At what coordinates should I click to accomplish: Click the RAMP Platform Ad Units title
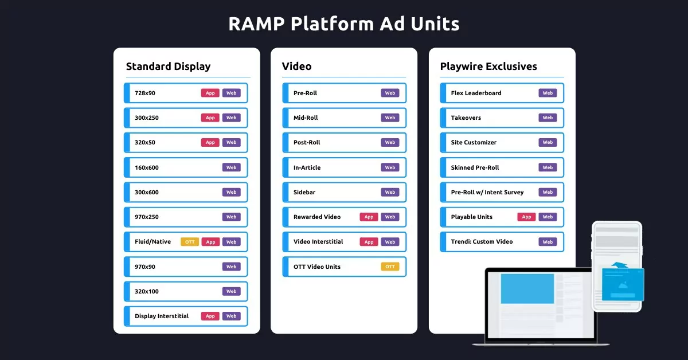(x=343, y=24)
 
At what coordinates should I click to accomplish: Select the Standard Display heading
(x=168, y=66)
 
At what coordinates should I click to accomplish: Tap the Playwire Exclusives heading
(x=488, y=66)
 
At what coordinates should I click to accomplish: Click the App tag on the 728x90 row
(x=210, y=93)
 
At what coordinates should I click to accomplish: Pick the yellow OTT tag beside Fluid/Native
(x=190, y=242)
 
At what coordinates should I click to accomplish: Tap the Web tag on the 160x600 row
(x=231, y=167)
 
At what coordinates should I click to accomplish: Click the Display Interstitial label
(x=162, y=316)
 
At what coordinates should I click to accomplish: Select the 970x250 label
(x=147, y=217)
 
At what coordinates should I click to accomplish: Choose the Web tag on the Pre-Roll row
(x=390, y=93)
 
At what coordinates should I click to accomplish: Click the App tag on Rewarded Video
(x=369, y=217)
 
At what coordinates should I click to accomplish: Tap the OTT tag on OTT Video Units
(x=390, y=267)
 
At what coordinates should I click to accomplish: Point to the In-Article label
(x=307, y=167)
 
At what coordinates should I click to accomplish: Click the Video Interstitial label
(x=318, y=241)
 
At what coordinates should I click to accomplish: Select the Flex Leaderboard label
(x=476, y=93)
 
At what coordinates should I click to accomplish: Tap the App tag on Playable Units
(x=526, y=217)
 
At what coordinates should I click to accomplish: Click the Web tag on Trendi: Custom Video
(x=548, y=242)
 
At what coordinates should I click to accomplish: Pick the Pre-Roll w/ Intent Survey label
(x=487, y=192)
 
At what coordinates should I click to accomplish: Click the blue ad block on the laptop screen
(x=527, y=288)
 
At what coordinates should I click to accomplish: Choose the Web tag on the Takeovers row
(x=548, y=118)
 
